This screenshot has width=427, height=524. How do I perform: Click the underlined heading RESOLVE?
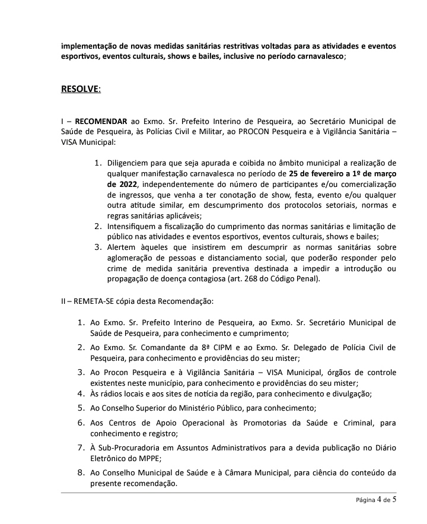[x=81, y=90]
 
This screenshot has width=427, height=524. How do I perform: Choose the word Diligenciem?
[x=129, y=163]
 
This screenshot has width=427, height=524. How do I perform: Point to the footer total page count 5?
[x=394, y=500]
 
